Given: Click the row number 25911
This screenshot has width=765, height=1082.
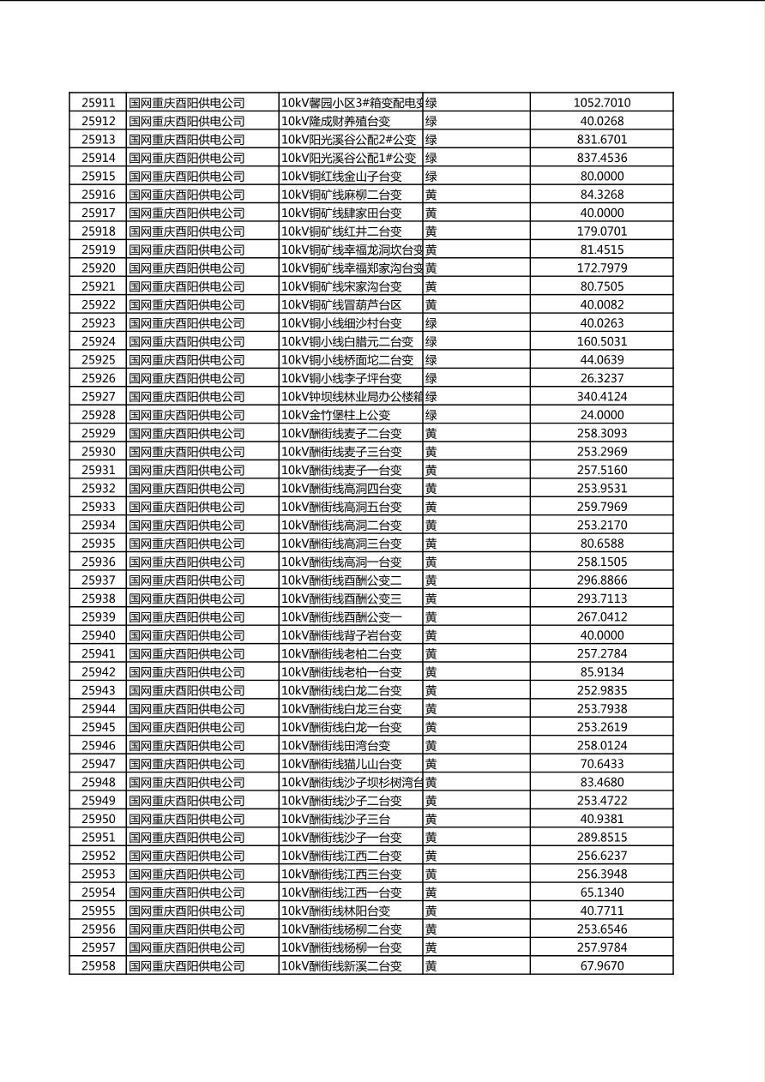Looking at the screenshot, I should [98, 103].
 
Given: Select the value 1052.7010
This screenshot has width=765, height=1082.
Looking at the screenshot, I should [601, 103].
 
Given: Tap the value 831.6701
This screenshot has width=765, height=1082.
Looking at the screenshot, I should [601, 140].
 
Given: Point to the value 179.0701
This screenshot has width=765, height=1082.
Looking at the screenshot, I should [601, 231].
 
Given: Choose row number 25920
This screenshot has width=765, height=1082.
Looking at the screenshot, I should [98, 268].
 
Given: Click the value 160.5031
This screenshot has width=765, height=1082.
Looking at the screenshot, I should [601, 341].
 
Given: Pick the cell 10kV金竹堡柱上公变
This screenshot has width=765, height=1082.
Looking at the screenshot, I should [335, 415].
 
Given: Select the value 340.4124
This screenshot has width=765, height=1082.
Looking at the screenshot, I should [601, 397].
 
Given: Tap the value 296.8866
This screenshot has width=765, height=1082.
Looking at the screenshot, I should [601, 580].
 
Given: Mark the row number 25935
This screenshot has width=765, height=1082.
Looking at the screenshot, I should [98, 544].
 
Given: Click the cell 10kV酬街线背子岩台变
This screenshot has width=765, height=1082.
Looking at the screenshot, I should [341, 635].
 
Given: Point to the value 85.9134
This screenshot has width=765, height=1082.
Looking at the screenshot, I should [601, 672].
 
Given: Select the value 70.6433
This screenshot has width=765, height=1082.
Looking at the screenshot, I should [601, 764].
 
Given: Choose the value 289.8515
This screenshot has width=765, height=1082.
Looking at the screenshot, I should [601, 838].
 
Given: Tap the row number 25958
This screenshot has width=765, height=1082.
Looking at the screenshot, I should [98, 966].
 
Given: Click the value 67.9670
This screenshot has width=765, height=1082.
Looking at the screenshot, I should [601, 966].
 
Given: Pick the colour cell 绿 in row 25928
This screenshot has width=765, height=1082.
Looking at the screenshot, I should [431, 415].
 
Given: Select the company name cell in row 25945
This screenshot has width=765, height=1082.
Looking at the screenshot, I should [187, 727].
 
